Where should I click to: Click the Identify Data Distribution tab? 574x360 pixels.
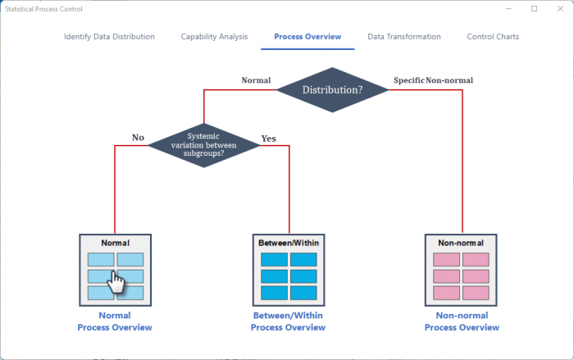coord(109,37)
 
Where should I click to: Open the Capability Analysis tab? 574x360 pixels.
coord(214,37)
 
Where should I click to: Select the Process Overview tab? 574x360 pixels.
coord(307,37)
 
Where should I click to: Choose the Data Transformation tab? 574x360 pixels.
coord(403,37)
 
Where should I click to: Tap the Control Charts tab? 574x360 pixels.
coord(493,37)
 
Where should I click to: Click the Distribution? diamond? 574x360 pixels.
coord(332,89)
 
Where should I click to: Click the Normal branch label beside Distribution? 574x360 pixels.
coord(256,80)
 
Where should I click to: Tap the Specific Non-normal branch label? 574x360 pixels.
coord(433,80)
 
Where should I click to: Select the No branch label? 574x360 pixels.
coord(138,138)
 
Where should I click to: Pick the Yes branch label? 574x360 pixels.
coord(269,139)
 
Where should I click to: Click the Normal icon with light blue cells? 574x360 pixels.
coord(115,269)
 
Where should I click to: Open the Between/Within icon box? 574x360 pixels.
coord(288,269)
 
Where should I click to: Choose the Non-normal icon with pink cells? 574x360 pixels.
coord(462,269)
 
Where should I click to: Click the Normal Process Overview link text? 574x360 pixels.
coord(115,321)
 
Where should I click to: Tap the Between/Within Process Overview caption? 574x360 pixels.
coord(288,321)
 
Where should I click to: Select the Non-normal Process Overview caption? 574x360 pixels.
coord(462,321)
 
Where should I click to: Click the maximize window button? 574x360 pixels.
coord(534,9)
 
